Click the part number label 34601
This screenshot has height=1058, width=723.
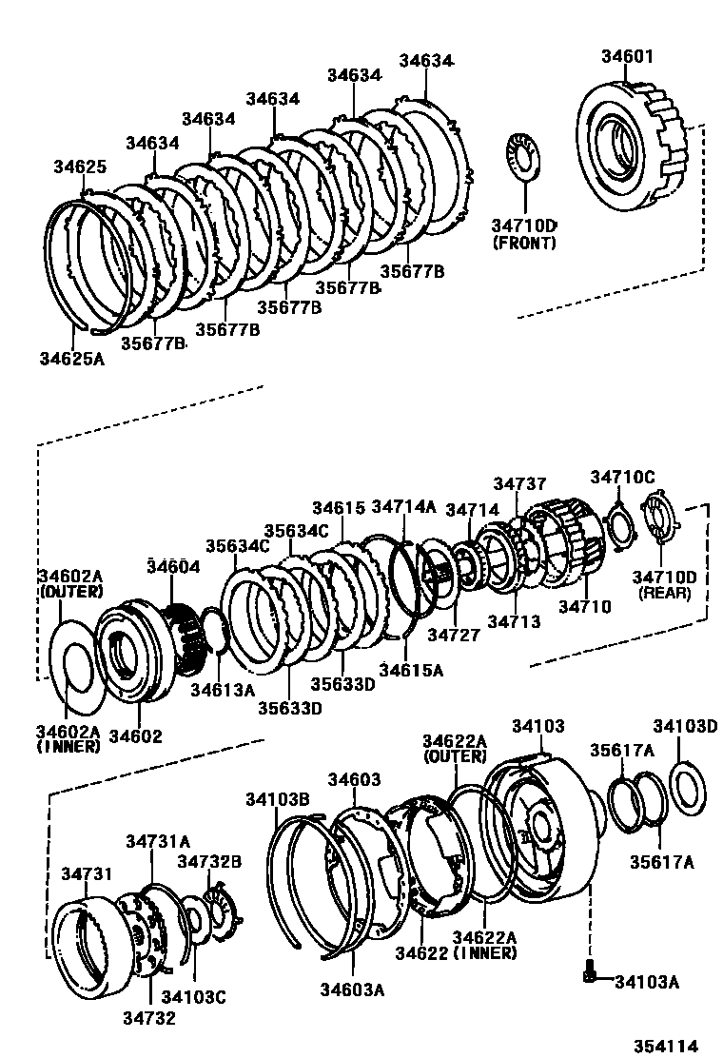click(x=627, y=56)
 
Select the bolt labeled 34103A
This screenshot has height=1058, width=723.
click(x=589, y=974)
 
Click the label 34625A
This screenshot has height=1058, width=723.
click(x=73, y=359)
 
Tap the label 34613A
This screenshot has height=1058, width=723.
click(x=223, y=689)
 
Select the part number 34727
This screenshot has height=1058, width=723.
click(x=452, y=635)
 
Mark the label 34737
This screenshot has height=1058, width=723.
click(x=520, y=485)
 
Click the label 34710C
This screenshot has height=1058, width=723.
click(x=622, y=477)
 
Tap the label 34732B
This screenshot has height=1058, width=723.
click(x=209, y=861)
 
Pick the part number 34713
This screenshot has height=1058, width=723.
click(x=514, y=621)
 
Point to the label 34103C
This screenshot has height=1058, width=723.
click(x=193, y=998)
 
